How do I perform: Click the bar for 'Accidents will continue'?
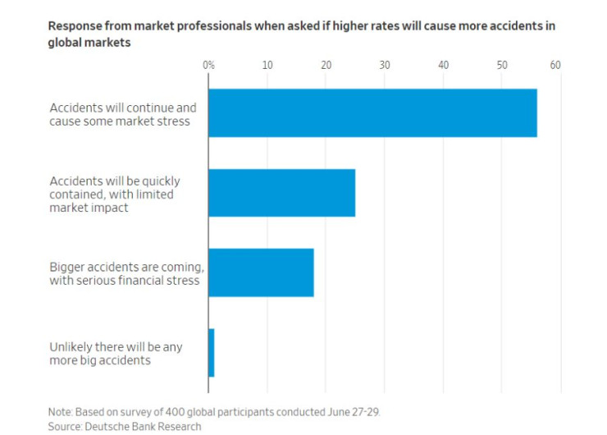(x=372, y=113)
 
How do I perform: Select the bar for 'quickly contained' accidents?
(x=281, y=193)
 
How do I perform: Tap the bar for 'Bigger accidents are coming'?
(x=261, y=272)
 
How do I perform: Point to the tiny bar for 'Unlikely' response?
(x=212, y=353)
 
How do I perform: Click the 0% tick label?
(x=208, y=64)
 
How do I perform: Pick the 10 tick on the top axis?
(x=267, y=64)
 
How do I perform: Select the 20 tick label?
(x=326, y=64)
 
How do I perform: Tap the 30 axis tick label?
(x=385, y=64)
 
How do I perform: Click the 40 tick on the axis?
(x=444, y=64)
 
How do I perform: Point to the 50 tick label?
(x=502, y=64)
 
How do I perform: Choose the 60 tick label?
(x=555, y=64)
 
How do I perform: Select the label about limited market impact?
(x=115, y=194)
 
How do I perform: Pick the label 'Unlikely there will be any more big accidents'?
(x=116, y=353)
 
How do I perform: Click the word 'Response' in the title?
(x=76, y=25)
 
